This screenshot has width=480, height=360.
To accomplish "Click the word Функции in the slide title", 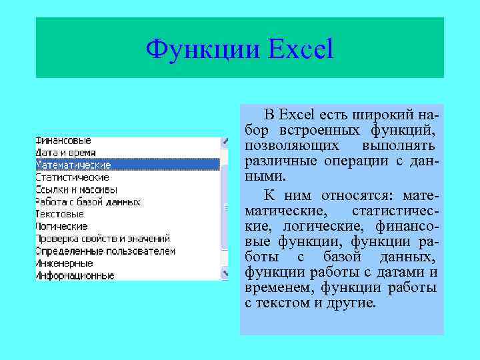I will point(197,49).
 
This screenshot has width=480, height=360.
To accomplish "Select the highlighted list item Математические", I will point(73,165).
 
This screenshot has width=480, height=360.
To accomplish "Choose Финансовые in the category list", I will point(63,141).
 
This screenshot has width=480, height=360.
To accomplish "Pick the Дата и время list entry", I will point(65,153).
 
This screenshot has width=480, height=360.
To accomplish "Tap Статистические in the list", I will point(72,177).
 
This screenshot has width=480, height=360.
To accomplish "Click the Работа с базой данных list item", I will point(87,201).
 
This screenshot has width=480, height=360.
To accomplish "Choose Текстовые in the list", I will point(59,214).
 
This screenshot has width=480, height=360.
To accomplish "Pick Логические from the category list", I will point(61,226).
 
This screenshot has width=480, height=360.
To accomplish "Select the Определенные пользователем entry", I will point(105,251).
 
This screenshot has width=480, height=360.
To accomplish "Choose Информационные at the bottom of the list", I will point(75,275).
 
